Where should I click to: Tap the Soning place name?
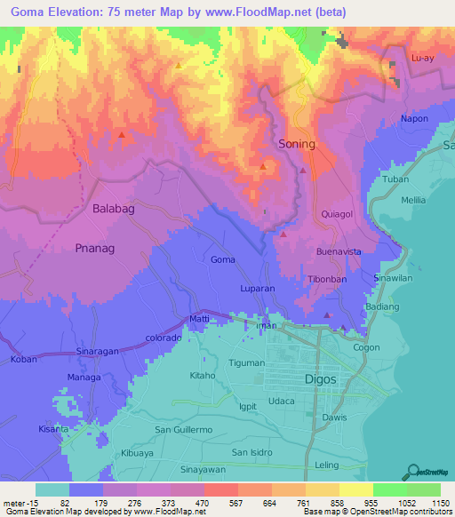coord(297,144)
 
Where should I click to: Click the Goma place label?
coord(223,259)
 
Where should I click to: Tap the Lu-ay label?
coord(423,57)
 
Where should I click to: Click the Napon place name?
coord(414,118)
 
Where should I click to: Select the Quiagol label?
coord(338,214)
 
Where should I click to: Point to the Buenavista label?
coord(339,251)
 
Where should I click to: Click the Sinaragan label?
coord(97,353)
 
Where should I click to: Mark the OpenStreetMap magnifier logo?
coord(411,471)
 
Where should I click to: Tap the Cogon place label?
coord(366,347)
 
